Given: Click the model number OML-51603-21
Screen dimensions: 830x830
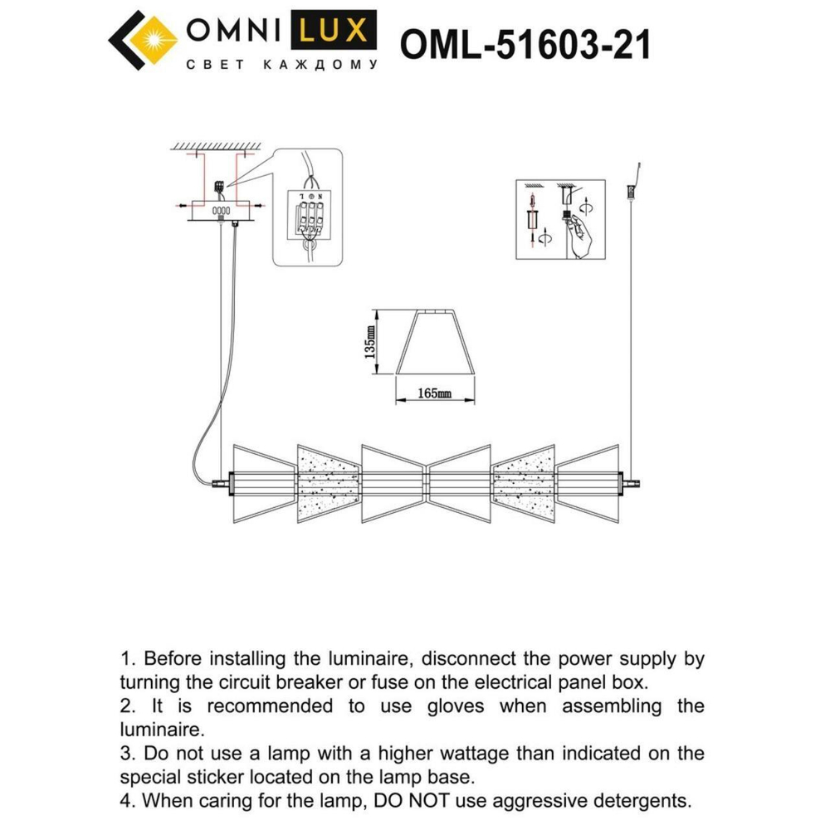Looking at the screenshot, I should [525, 43].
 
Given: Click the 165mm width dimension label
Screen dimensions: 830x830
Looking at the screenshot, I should [434, 393].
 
